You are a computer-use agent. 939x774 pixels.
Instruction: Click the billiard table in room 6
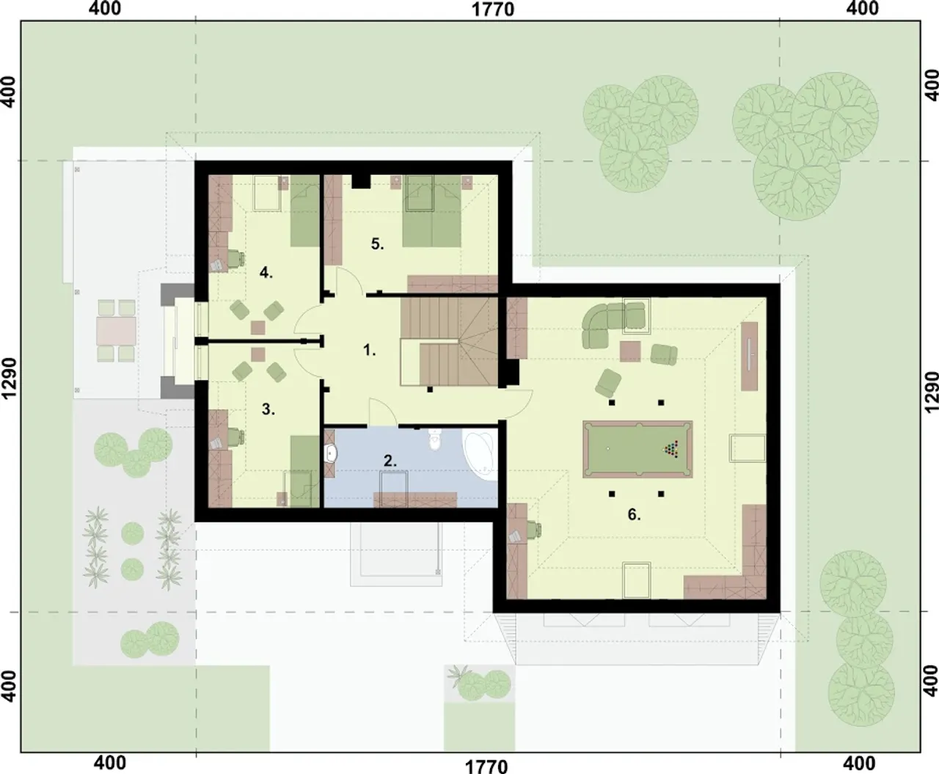(637, 449)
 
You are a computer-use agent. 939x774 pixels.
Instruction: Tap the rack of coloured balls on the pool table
(671, 449)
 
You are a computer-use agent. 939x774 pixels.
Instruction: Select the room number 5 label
(377, 244)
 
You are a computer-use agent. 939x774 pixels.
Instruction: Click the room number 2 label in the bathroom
(390, 461)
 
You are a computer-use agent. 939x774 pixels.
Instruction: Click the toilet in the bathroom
(435, 439)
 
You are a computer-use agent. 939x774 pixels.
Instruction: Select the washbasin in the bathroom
(331, 453)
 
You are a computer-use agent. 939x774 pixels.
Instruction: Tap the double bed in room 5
(432, 211)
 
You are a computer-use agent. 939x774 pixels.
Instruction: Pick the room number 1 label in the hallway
(369, 350)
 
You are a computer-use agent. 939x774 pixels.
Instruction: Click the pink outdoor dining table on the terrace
(117, 331)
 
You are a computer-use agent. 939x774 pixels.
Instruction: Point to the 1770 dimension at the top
(493, 10)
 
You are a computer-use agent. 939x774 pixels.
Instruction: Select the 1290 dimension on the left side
(9, 379)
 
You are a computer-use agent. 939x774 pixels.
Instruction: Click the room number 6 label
(634, 514)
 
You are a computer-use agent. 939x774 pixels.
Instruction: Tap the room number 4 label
(266, 272)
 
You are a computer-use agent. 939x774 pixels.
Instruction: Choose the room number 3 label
(268, 409)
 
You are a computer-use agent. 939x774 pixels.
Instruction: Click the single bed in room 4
(304, 211)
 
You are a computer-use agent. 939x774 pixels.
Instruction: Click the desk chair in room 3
(235, 436)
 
